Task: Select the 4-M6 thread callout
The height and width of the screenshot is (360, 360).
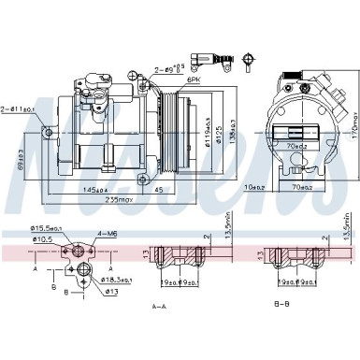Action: click(x=107, y=234)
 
